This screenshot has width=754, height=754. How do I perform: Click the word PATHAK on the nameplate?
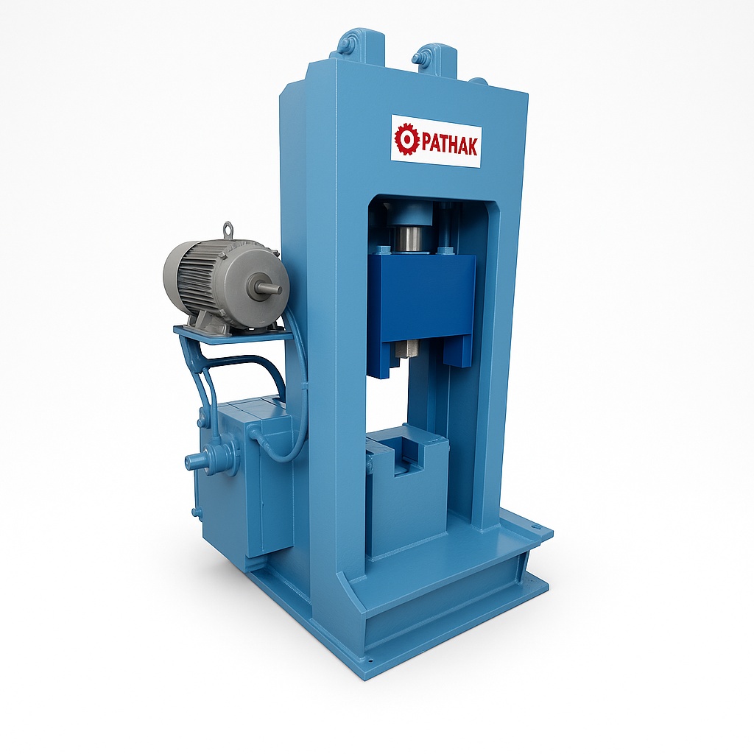coord(448,142)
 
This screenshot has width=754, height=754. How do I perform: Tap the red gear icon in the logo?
coord(406,138)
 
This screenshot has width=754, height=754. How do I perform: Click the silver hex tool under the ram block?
coord(404,348)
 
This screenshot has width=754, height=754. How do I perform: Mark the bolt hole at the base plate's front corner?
coord(370,660)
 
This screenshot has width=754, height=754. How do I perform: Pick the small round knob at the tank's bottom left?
coord(196,512)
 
